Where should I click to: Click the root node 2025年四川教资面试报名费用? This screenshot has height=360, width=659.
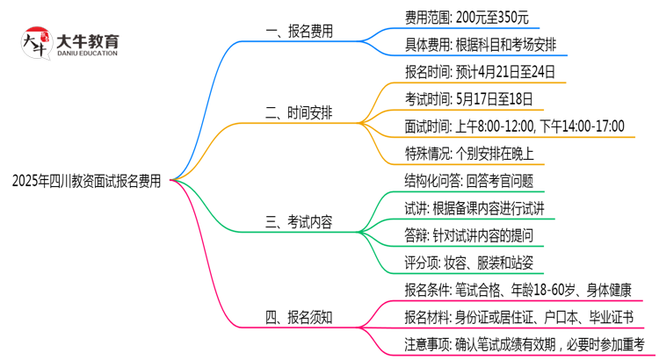coord(87,181)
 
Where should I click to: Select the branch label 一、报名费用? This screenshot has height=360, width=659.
coord(299,30)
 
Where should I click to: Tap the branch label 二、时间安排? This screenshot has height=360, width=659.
coord(299,112)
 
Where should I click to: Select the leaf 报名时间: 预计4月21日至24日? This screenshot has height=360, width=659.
coord(480,71)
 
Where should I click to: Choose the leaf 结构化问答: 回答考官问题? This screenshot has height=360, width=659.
coord(467,180)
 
